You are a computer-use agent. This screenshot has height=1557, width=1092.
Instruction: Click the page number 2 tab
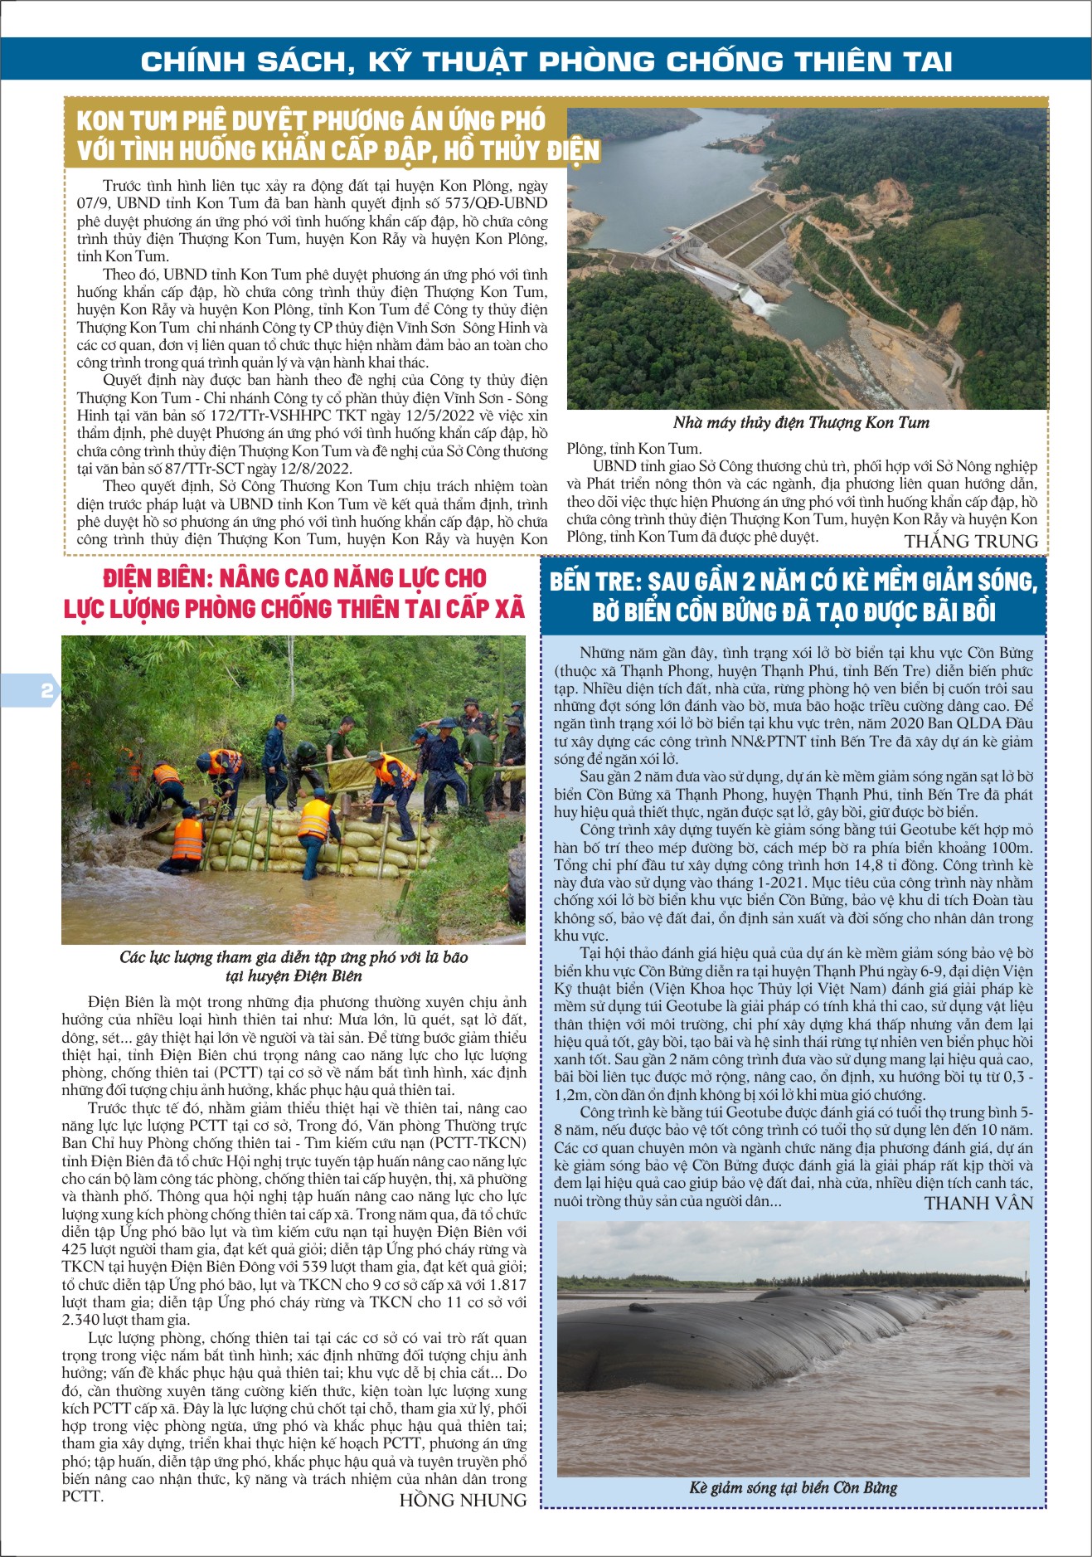[46, 690]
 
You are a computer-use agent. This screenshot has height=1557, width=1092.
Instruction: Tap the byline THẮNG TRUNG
[971, 542]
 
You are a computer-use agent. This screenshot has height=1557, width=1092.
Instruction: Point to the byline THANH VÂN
[978, 1203]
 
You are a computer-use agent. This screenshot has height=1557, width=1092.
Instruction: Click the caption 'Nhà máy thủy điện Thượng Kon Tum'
[801, 422]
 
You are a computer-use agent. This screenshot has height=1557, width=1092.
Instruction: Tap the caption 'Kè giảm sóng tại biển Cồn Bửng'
[793, 1487]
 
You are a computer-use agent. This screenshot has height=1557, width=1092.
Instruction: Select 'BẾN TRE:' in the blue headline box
[595, 581]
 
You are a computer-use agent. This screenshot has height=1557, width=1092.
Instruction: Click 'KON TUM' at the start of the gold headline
[127, 121]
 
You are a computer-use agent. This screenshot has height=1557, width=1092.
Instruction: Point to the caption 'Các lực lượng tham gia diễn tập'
[294, 957]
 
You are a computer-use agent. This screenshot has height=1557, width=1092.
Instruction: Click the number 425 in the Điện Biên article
[75, 1248]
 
